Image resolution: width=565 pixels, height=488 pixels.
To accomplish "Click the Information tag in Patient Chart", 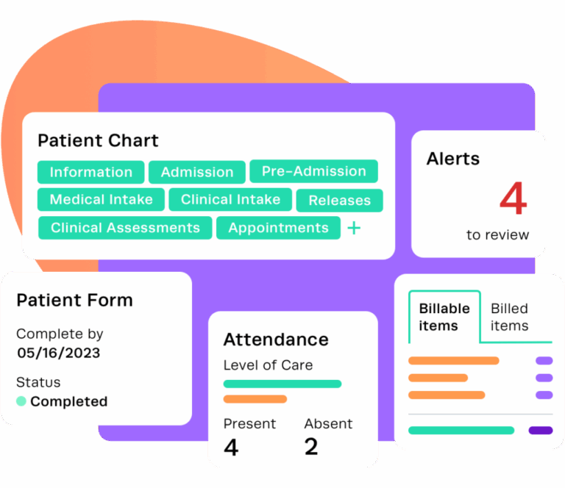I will [x=91, y=173].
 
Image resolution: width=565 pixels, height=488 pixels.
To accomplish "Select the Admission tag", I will [x=197, y=173].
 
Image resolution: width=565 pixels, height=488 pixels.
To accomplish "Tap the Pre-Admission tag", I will [x=313, y=171].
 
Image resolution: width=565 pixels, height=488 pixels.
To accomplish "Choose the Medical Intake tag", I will [x=101, y=200].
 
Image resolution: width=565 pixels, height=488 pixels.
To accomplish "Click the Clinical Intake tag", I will [x=230, y=200].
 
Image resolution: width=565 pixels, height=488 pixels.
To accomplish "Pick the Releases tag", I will [x=339, y=201].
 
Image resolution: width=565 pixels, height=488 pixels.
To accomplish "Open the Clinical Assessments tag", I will [x=125, y=228].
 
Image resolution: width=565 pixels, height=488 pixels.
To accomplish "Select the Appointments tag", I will [x=278, y=228].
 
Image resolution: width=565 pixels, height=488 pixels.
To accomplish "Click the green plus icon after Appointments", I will [x=354, y=228].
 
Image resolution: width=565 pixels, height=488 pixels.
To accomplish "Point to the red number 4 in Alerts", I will [x=514, y=198].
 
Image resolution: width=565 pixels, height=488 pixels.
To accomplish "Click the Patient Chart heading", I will [x=98, y=140].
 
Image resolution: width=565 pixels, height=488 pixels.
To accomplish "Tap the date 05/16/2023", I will [x=58, y=353].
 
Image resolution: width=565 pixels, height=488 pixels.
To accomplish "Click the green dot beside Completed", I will [x=21, y=401].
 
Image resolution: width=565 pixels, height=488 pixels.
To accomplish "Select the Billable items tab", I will [x=444, y=317].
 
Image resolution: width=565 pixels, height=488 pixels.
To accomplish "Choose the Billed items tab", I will [x=510, y=317].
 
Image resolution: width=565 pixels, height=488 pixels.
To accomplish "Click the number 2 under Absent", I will [x=311, y=447].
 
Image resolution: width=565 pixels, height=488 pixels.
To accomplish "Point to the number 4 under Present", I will [x=231, y=447].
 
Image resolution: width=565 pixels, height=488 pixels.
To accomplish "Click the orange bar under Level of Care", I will [x=255, y=399].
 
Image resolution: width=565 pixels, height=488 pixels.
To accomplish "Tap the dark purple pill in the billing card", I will [x=541, y=430].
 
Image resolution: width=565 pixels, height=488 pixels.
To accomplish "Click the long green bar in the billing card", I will [x=461, y=430].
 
